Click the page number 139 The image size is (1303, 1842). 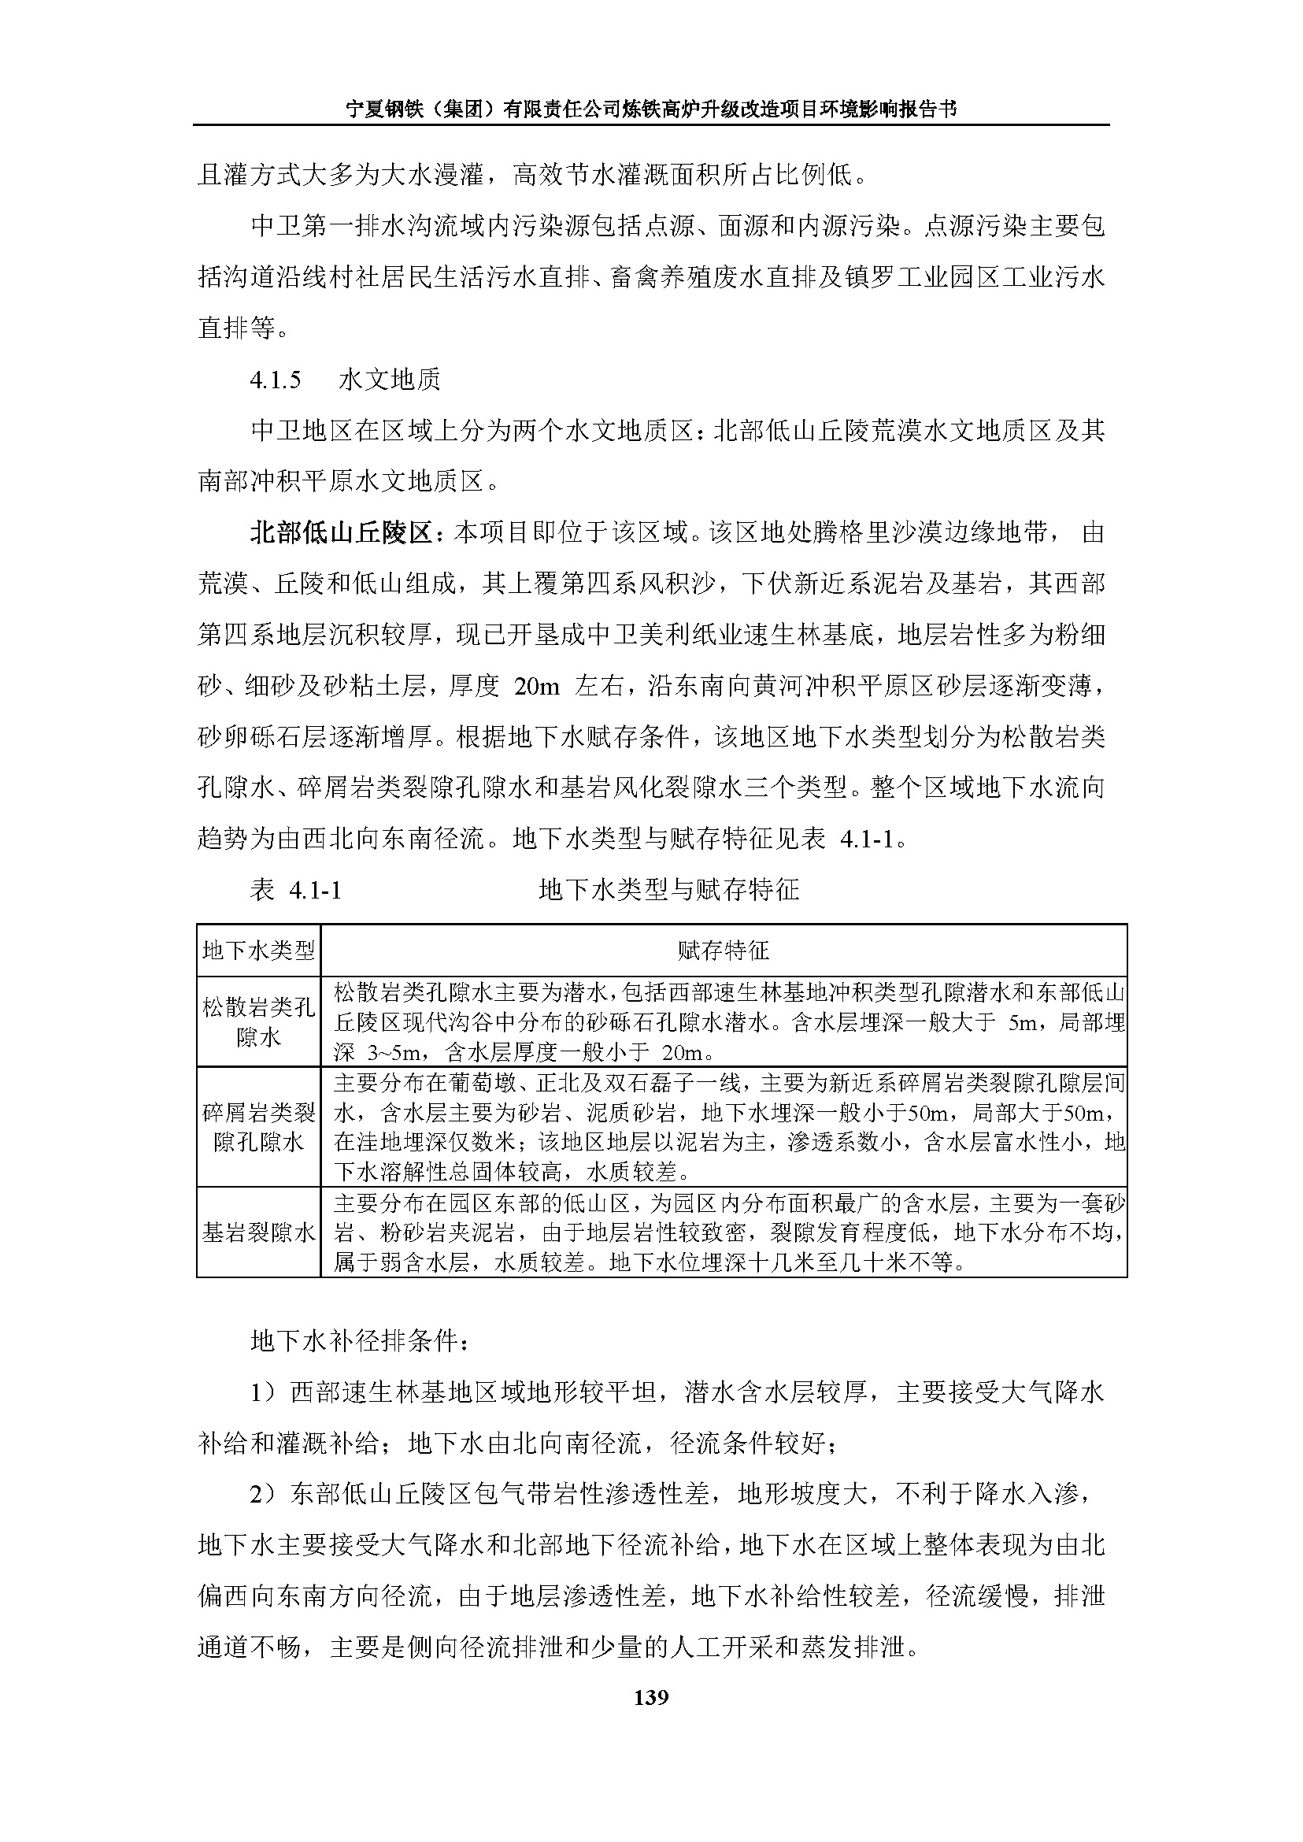click(x=650, y=1697)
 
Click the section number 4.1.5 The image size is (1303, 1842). click(x=276, y=380)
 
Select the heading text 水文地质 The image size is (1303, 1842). click(x=390, y=380)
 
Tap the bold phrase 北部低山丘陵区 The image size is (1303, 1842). click(x=342, y=533)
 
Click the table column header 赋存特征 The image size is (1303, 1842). click(x=723, y=951)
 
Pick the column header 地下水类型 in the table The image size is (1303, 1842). click(x=258, y=951)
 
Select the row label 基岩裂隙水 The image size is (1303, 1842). click(x=258, y=1232)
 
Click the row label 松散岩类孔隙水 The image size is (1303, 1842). click(x=258, y=1021)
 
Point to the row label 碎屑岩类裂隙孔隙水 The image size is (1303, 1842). click(x=258, y=1127)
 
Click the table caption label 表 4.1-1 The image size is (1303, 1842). click(x=296, y=890)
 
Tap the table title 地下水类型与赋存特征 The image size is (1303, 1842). click(x=669, y=890)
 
